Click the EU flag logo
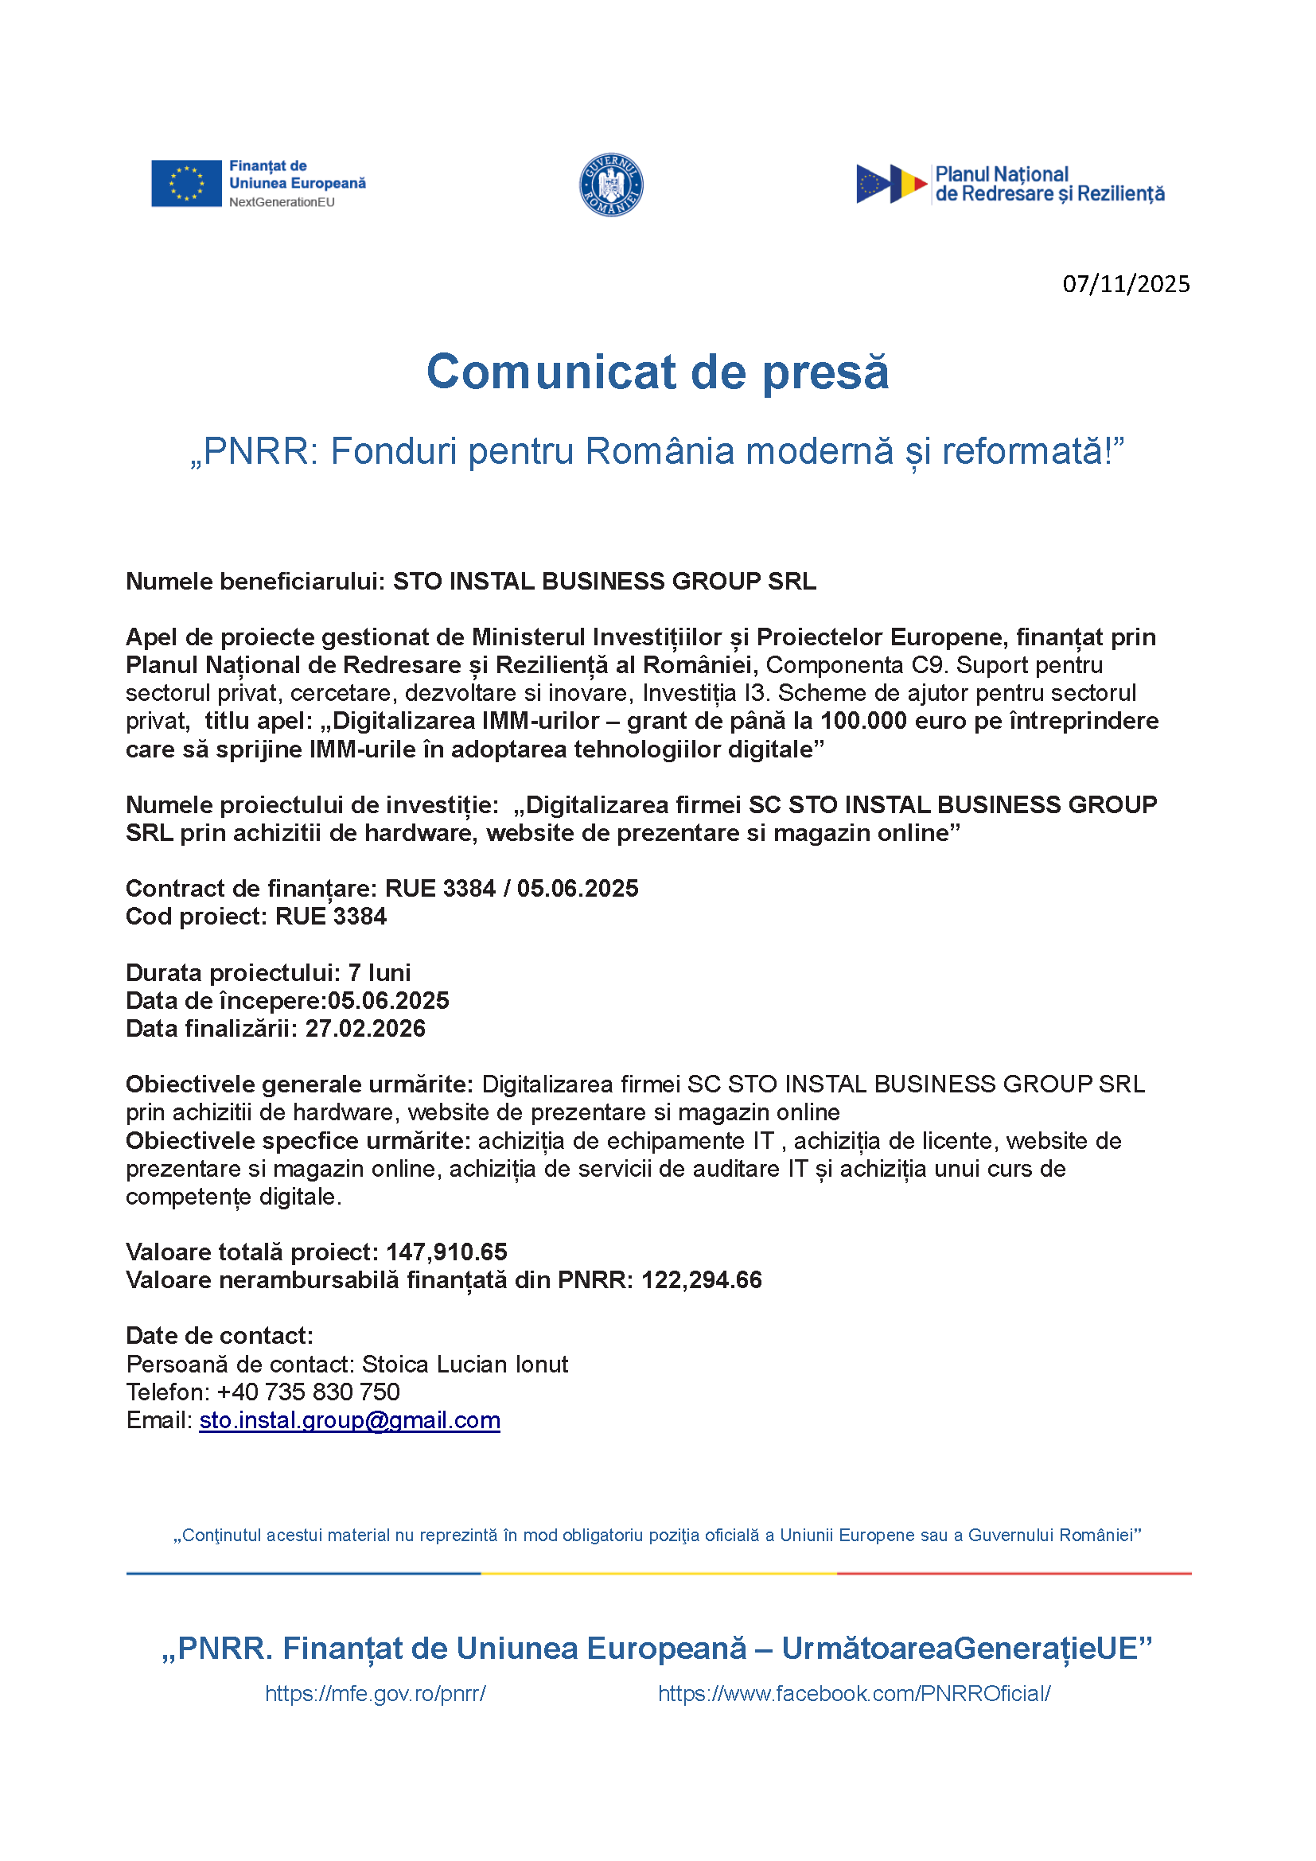[x=185, y=183]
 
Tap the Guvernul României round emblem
[x=611, y=185]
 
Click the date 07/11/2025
[x=1126, y=284]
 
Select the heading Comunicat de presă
[x=657, y=372]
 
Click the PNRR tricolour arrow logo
[x=891, y=184]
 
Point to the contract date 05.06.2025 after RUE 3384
[x=577, y=889]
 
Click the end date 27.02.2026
[x=364, y=1029]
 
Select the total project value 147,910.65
[x=446, y=1252]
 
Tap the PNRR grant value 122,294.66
[x=701, y=1280]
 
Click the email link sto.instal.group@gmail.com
[x=349, y=1420]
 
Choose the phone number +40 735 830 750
[x=308, y=1392]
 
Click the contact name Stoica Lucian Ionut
[x=465, y=1365]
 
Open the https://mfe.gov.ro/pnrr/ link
[x=376, y=1693]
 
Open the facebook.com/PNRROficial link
[x=854, y=1693]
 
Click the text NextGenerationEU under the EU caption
[x=281, y=203]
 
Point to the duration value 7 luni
[x=380, y=972]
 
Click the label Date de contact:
[x=219, y=1336]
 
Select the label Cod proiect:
[x=196, y=917]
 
